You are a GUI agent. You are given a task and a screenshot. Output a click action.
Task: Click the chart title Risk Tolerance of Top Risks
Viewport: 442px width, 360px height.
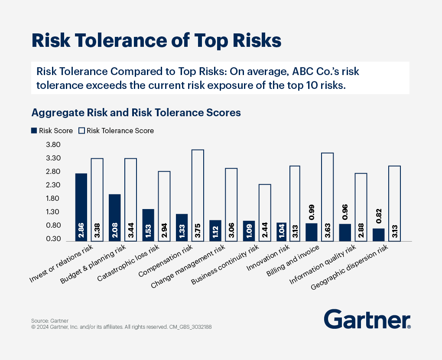[156, 40]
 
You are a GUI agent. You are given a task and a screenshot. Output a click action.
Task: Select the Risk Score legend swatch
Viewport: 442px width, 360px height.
[34, 131]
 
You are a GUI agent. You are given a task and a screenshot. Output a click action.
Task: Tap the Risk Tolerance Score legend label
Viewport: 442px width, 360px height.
[120, 131]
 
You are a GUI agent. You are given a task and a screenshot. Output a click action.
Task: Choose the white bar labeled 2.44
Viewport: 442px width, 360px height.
[265, 213]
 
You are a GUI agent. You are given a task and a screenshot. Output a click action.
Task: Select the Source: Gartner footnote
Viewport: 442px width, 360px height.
[46, 321]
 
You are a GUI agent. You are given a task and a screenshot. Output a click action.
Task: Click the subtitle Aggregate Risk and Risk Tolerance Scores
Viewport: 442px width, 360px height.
[136, 113]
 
